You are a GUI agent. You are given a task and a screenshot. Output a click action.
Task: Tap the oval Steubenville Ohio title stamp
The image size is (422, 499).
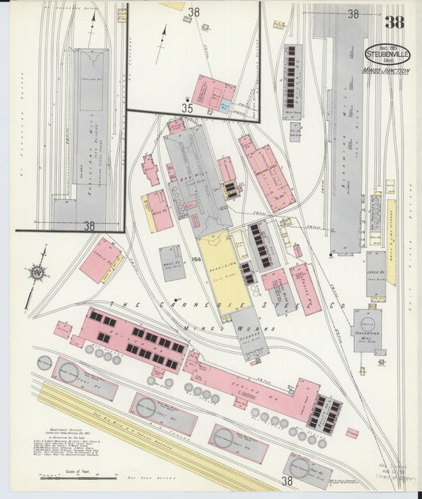(x=387, y=55)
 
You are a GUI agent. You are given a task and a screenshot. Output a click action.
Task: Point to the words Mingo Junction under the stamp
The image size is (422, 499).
(x=386, y=71)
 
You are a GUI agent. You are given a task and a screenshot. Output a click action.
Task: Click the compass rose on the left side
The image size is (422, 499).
(x=36, y=273)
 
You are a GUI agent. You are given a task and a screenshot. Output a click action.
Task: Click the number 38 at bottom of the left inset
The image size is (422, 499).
(x=89, y=225)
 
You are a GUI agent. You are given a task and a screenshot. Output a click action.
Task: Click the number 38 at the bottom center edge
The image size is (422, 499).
(x=287, y=480)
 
